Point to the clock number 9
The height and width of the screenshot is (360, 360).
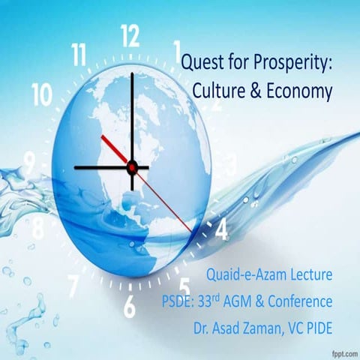click(x=30, y=160)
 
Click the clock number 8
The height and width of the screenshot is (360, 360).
click(x=37, y=226)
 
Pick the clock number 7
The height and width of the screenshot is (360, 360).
click(x=73, y=284)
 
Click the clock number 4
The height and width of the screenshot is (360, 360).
click(x=221, y=230)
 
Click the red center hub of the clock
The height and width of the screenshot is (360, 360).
click(x=132, y=166)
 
